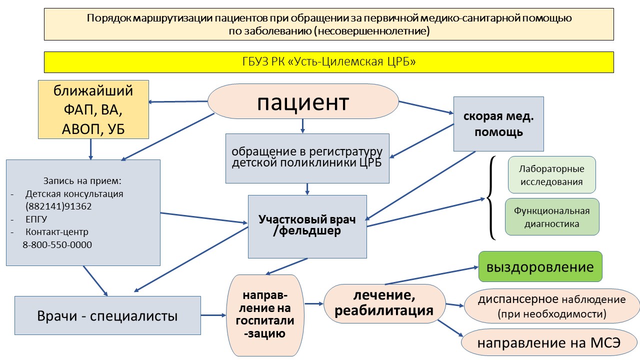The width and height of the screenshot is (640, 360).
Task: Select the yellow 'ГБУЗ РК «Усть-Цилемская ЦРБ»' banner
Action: tap(328, 62)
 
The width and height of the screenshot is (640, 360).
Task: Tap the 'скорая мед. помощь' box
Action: tap(498, 124)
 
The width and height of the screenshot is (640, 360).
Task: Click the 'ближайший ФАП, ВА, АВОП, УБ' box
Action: tap(93, 110)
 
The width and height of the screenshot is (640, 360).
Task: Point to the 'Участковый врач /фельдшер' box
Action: tap(307, 226)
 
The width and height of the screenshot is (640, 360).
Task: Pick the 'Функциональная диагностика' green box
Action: tap(551, 217)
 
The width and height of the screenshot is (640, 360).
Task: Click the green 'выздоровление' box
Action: tap(540, 266)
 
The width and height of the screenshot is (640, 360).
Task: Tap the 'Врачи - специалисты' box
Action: tap(107, 315)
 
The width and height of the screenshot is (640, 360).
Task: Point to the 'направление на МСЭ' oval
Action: tap(548, 343)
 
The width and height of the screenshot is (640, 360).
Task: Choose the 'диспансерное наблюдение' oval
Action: tap(551, 306)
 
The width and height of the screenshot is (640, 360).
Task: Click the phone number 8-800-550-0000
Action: tap(57, 244)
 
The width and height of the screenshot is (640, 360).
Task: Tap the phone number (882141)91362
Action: tap(58, 206)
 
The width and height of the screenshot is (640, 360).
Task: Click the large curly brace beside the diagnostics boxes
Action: tap(491, 198)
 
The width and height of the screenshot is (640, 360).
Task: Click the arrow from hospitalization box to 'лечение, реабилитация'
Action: tap(313, 303)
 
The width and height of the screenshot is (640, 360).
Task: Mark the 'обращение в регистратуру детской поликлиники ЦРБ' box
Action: tap(307, 158)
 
